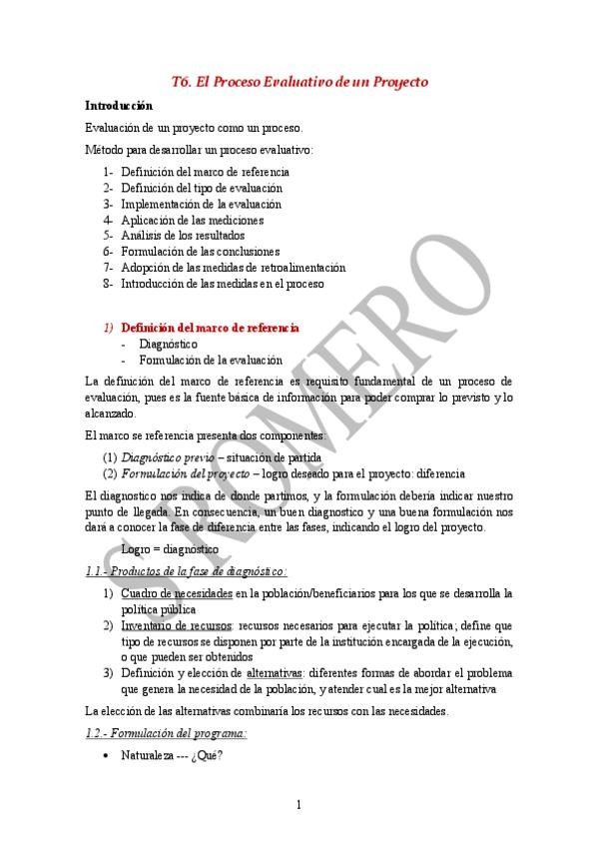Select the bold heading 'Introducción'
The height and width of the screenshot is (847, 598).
coord(119,105)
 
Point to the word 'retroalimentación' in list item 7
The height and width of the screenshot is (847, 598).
coord(300,268)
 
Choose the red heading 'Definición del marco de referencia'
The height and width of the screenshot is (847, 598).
coord(210,327)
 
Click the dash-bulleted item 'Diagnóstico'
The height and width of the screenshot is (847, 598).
coord(168,343)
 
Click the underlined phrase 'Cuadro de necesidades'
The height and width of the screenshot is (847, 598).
coord(177,593)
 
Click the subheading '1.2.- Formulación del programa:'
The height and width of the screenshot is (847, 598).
coord(166,733)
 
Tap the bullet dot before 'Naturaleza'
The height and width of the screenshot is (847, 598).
coord(107,756)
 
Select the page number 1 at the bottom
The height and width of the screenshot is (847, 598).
coord(299,805)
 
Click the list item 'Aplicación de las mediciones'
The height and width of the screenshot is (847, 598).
coord(192,220)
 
